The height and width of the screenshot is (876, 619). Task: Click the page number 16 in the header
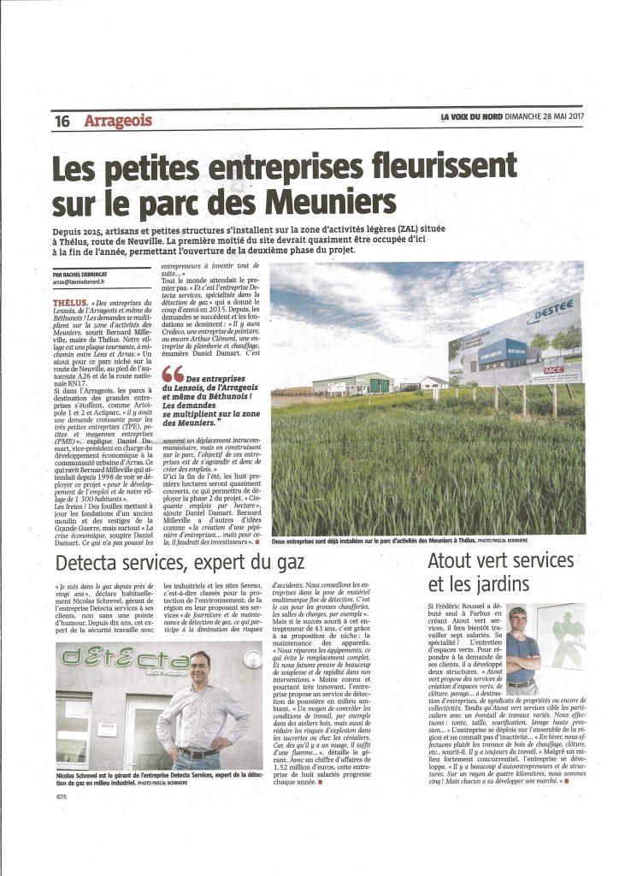click(x=62, y=121)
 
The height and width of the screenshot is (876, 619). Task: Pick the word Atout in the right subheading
click(x=452, y=562)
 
